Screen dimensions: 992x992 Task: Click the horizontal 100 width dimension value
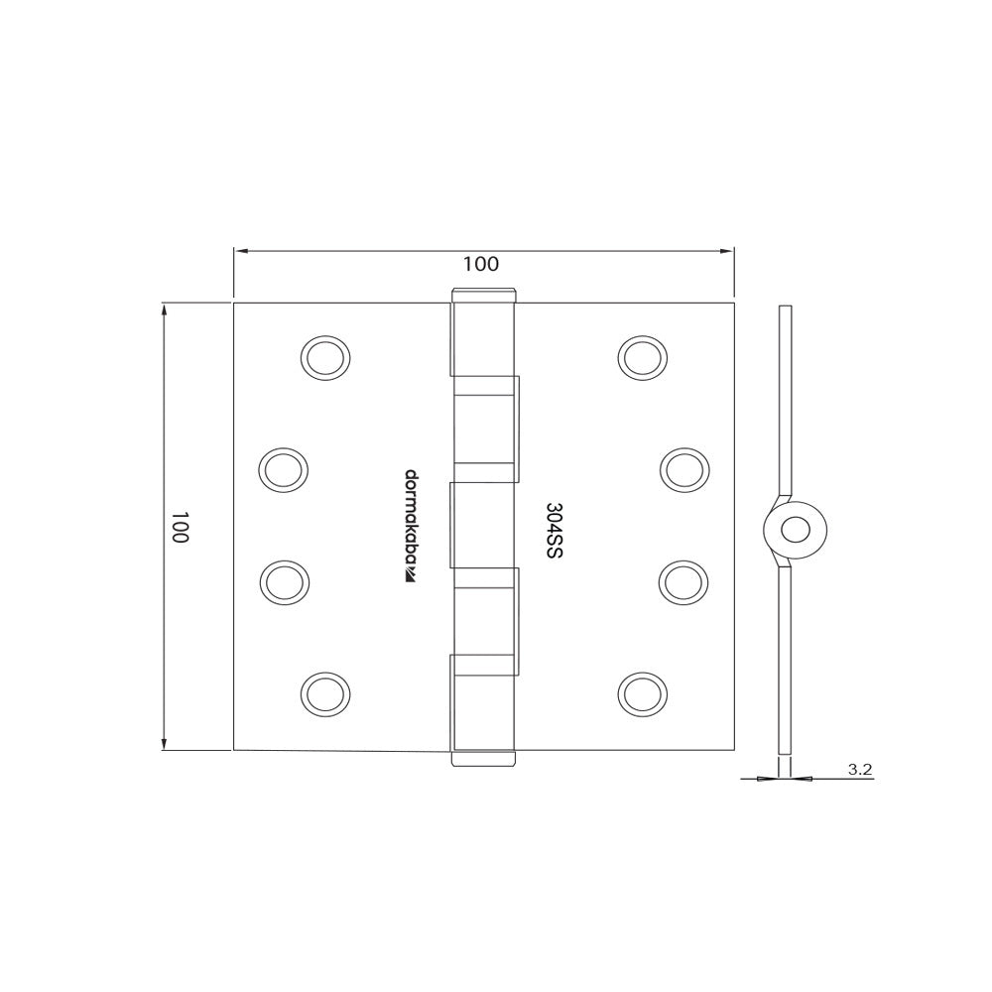click(x=481, y=264)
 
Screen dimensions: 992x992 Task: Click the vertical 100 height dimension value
click(x=180, y=527)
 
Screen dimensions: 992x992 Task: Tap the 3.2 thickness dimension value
click(x=860, y=769)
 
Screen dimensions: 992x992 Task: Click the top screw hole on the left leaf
click(x=326, y=357)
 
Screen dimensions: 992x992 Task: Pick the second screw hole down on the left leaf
click(x=284, y=468)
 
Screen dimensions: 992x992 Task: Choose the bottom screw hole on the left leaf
click(x=326, y=692)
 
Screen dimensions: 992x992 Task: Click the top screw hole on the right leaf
click(x=642, y=357)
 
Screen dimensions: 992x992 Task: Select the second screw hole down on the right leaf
click(x=684, y=468)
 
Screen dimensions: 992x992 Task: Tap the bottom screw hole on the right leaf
click(x=642, y=692)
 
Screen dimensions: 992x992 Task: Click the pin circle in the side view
click(x=795, y=530)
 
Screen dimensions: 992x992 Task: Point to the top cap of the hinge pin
click(x=485, y=295)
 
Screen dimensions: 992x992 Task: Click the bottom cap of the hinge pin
click(x=485, y=759)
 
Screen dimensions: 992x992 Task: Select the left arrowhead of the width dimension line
click(x=239, y=251)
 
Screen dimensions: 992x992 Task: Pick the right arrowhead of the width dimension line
click(x=728, y=251)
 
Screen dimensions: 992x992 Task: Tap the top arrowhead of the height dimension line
click(x=165, y=309)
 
